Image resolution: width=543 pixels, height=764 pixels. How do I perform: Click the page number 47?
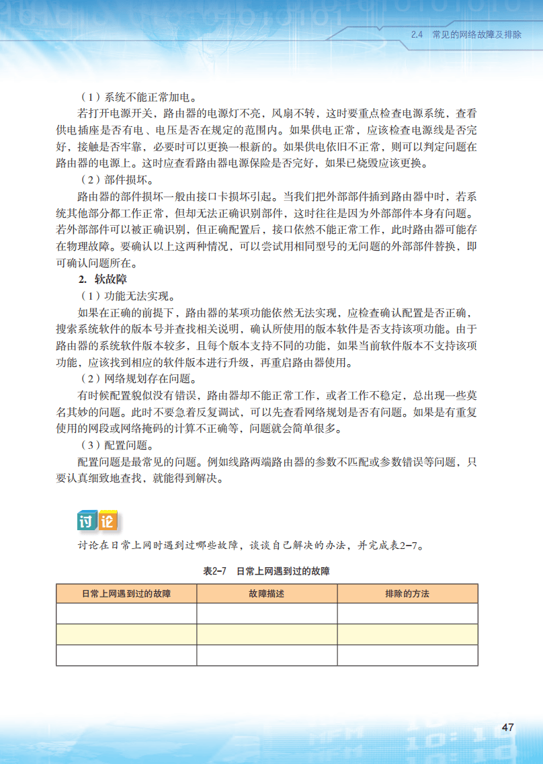(507, 728)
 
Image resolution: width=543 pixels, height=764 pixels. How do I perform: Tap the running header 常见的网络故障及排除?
(476, 34)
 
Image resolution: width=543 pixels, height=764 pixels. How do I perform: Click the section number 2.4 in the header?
(416, 34)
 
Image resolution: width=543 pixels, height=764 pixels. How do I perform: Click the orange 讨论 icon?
(97, 521)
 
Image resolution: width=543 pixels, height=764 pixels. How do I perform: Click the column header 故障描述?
(267, 594)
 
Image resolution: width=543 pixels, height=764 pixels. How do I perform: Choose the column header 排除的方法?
(407, 594)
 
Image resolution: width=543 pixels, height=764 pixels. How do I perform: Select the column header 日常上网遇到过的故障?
(126, 594)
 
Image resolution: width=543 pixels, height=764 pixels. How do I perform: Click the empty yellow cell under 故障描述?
(267, 634)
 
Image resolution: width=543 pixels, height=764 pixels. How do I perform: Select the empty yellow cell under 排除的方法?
(407, 634)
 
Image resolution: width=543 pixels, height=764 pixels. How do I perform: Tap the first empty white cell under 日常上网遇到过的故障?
(126, 613)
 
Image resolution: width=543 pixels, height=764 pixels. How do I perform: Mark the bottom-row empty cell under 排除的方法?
(407, 655)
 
